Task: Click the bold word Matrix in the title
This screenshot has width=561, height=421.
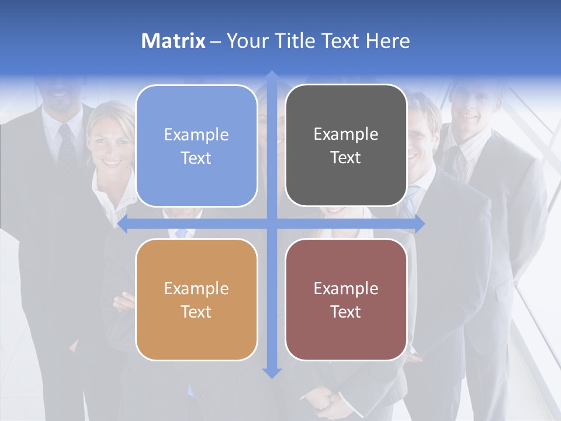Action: [174, 41]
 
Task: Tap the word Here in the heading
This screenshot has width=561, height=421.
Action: [387, 41]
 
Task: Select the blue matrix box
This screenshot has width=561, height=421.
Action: [196, 146]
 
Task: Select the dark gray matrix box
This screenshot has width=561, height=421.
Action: [346, 146]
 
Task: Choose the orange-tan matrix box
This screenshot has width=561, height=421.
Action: [196, 299]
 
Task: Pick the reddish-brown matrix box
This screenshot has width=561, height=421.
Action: [346, 299]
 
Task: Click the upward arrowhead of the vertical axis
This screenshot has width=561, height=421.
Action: [271, 75]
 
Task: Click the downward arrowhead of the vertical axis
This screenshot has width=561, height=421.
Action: [271, 372]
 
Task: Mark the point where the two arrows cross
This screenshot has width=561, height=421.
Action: [271, 223]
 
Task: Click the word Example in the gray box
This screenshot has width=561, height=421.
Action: [346, 134]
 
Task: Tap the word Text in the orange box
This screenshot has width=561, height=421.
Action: [196, 312]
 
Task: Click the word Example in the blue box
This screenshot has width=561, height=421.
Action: [196, 134]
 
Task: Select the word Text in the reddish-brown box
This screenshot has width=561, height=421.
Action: [346, 312]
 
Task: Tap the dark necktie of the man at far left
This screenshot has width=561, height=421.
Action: [67, 146]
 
